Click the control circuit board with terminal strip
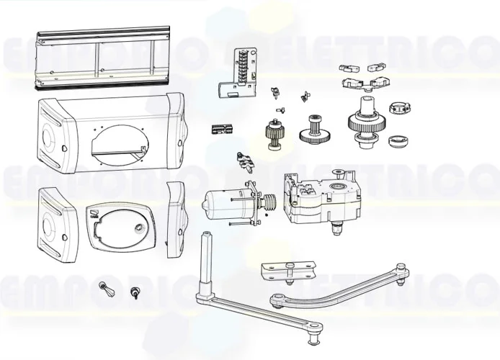pyautogui.click(x=240, y=73)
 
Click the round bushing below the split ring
pyautogui.click(x=397, y=140)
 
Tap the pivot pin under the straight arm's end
pyautogui.click(x=314, y=334)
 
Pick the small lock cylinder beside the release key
pyautogui.click(x=134, y=292)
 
